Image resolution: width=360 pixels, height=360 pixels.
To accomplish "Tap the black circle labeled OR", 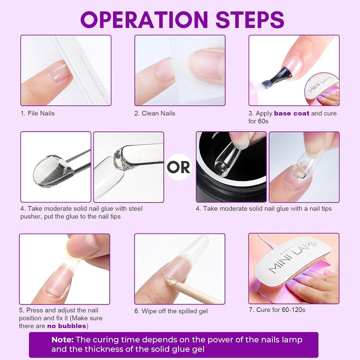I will pos(178,166).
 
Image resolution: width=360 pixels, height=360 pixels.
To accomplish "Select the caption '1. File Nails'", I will pos(37,113).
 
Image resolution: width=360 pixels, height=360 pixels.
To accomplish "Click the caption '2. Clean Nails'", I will pos(154,113).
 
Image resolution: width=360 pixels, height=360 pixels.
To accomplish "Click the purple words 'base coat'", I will pos(291,113).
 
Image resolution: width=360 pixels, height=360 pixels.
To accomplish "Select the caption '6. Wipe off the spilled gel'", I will pos(170,311).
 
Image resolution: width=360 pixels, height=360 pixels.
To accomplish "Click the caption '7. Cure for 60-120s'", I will pos(277,310).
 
